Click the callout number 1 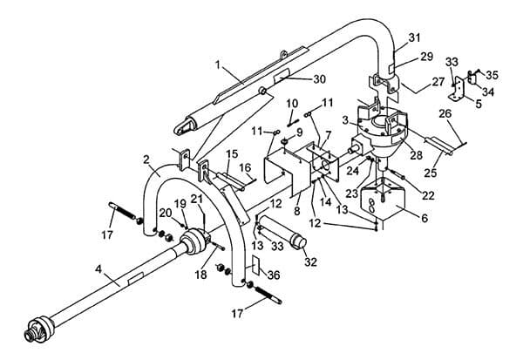(218, 65)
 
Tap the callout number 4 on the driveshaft (98, 269)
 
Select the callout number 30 (319, 79)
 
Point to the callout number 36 (274, 275)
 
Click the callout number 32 (310, 262)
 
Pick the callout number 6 (425, 218)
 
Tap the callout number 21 (197, 199)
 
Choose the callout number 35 (492, 75)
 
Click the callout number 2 (146, 160)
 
